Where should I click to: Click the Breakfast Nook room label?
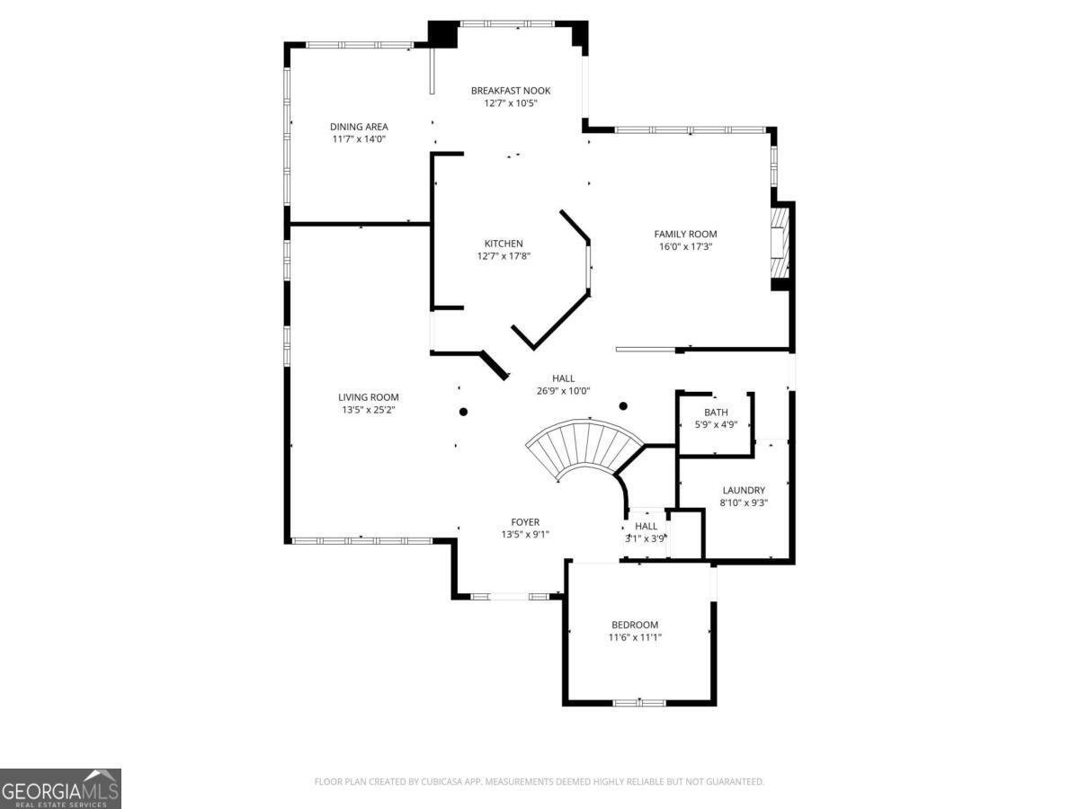click(x=511, y=91)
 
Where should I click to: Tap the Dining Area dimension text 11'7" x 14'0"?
click(x=359, y=139)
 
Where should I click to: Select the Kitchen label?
click(x=504, y=244)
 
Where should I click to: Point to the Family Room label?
click(x=685, y=235)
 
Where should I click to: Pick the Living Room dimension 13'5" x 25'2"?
click(x=368, y=410)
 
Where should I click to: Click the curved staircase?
click(x=584, y=449)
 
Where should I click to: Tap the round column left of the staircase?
click(x=464, y=413)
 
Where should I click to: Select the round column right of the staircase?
click(x=622, y=405)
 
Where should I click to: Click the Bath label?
click(x=716, y=413)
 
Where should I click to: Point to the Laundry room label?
click(x=744, y=491)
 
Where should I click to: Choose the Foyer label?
click(x=525, y=522)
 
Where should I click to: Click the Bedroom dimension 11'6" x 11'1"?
click(x=635, y=637)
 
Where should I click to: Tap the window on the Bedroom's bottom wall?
click(x=639, y=702)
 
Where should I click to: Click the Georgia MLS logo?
click(x=60, y=788)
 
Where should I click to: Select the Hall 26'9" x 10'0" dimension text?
click(x=563, y=391)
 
